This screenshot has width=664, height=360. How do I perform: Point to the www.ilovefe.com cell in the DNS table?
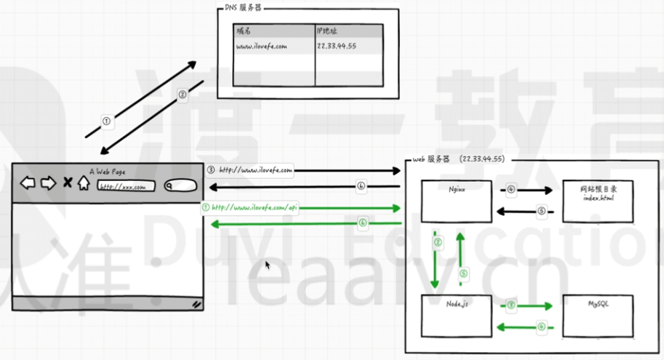pos(273,46)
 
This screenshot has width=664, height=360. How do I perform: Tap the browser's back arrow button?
pos(28,183)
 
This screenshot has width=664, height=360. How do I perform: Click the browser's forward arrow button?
pos(48,183)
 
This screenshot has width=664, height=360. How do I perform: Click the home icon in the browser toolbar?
pos(84,183)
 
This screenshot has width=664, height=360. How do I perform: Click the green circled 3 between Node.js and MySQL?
pos(511,306)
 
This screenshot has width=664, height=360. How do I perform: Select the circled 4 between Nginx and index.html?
pos(511,190)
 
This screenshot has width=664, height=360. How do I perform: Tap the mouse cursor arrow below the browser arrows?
pos(268,265)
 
